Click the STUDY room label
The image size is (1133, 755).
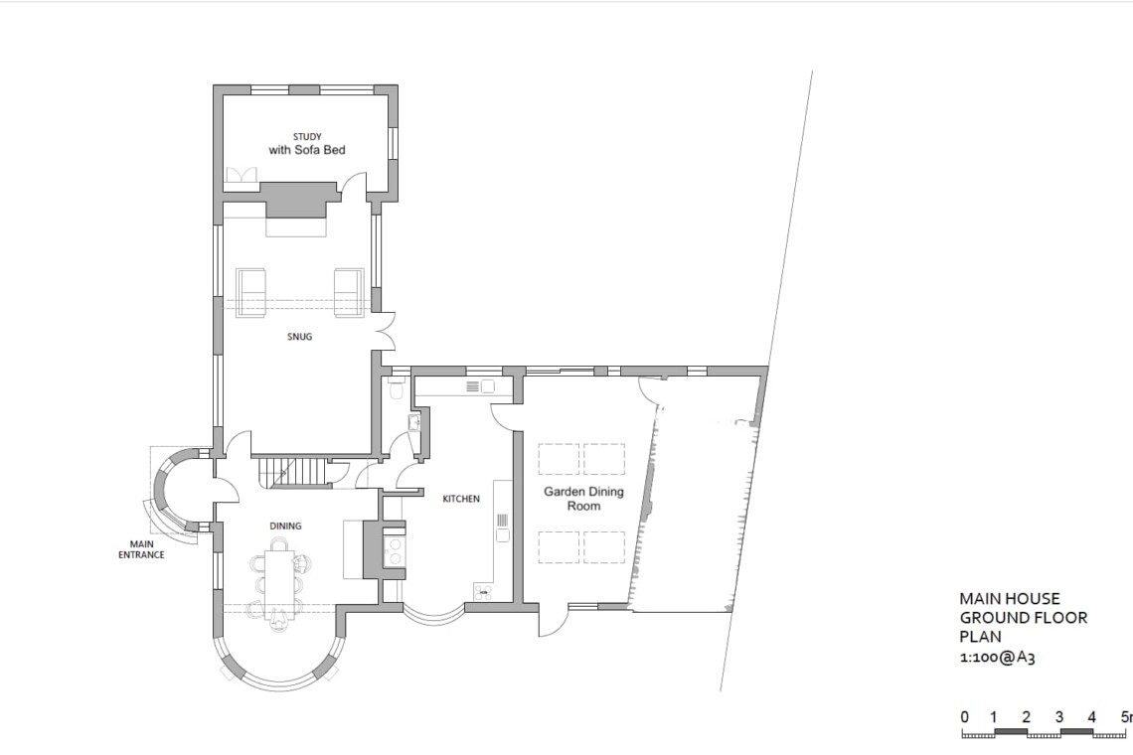coord(307,136)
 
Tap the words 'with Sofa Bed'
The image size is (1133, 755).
coord(307,150)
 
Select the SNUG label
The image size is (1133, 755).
coord(300,337)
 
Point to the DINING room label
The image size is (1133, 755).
coord(285,526)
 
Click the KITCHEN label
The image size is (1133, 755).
coord(461,499)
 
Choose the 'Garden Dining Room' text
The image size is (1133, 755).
coord(583,499)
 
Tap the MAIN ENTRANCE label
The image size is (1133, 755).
coord(141,549)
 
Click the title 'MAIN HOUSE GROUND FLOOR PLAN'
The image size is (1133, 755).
coord(1023,618)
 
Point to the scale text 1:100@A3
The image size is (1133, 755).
coord(997,658)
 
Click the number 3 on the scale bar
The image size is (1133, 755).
coord(1059,717)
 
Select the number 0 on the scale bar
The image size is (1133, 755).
coord(965,717)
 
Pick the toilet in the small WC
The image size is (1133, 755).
coord(397,388)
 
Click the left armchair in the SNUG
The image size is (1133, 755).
coord(251,292)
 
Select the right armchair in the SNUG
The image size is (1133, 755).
coord(348,292)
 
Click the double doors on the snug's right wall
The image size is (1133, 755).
coord(386,332)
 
